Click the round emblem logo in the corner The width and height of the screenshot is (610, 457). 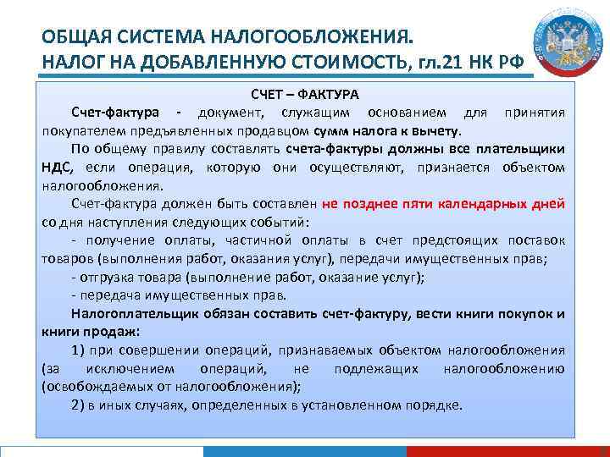coord(567,44)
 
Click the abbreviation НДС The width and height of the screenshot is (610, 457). coord(57,168)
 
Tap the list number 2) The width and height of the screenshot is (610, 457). coord(80,405)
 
